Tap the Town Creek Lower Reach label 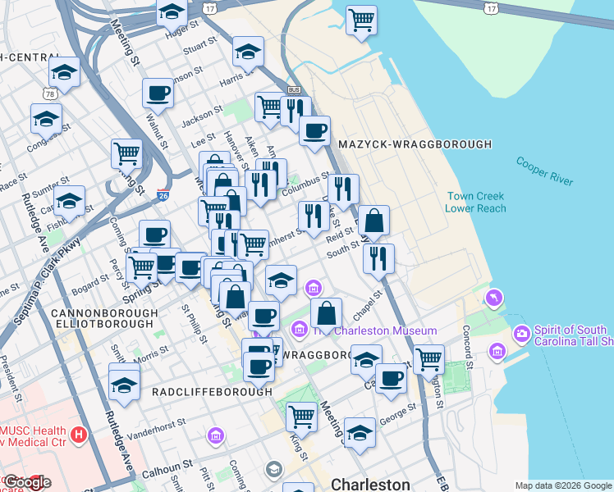[476, 202]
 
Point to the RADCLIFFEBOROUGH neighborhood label [212, 392]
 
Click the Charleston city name [370, 484]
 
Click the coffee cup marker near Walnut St [158, 92]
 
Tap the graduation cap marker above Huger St [171, 11]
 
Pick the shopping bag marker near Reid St [373, 220]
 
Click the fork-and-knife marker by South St [378, 257]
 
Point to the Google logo [26, 482]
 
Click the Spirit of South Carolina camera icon [521, 335]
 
